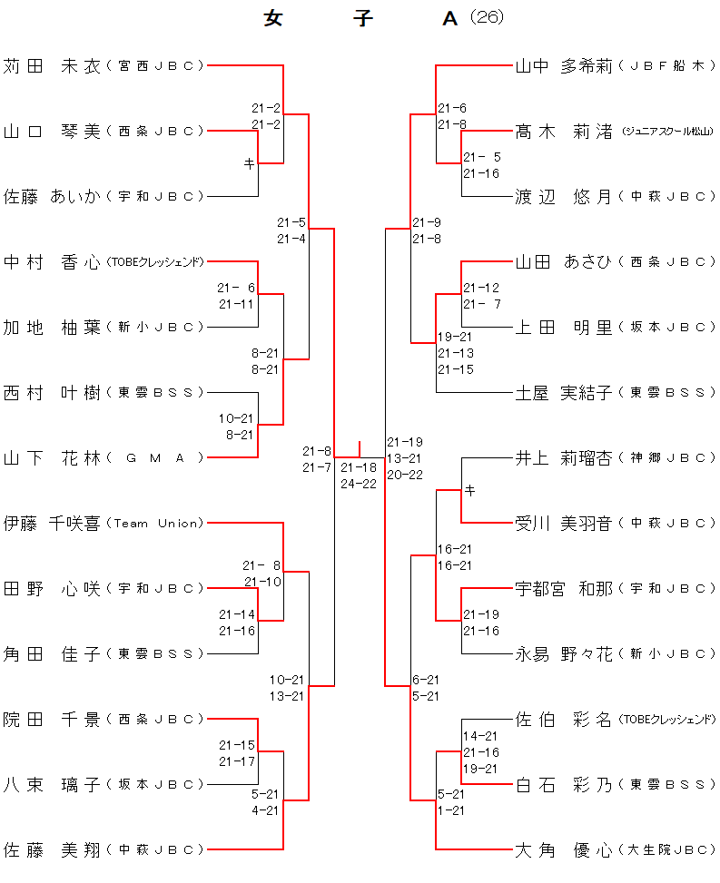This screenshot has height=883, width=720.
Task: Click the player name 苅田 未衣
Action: coord(51,65)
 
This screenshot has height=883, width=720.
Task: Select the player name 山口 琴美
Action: coord(51,131)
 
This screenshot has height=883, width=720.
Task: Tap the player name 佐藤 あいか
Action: coord(51,196)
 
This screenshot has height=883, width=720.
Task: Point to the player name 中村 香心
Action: coord(51,261)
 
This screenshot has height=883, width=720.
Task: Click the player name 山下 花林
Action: coord(51,457)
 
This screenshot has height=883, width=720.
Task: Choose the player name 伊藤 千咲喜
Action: coord(51,523)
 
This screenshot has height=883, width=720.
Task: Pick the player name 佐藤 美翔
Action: coord(51,849)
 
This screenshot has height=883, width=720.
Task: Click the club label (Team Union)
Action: coord(154,523)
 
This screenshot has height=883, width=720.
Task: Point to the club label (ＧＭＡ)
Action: coord(154,457)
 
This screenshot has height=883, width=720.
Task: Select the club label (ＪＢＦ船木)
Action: coord(667,65)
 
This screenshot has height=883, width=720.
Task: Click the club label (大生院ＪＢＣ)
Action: coord(667,850)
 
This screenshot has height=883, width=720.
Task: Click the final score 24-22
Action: coord(359,484)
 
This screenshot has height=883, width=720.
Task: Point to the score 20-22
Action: coord(405,475)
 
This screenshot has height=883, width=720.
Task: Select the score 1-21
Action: coord(451,810)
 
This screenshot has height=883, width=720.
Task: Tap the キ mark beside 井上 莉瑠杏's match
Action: coord(469,491)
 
